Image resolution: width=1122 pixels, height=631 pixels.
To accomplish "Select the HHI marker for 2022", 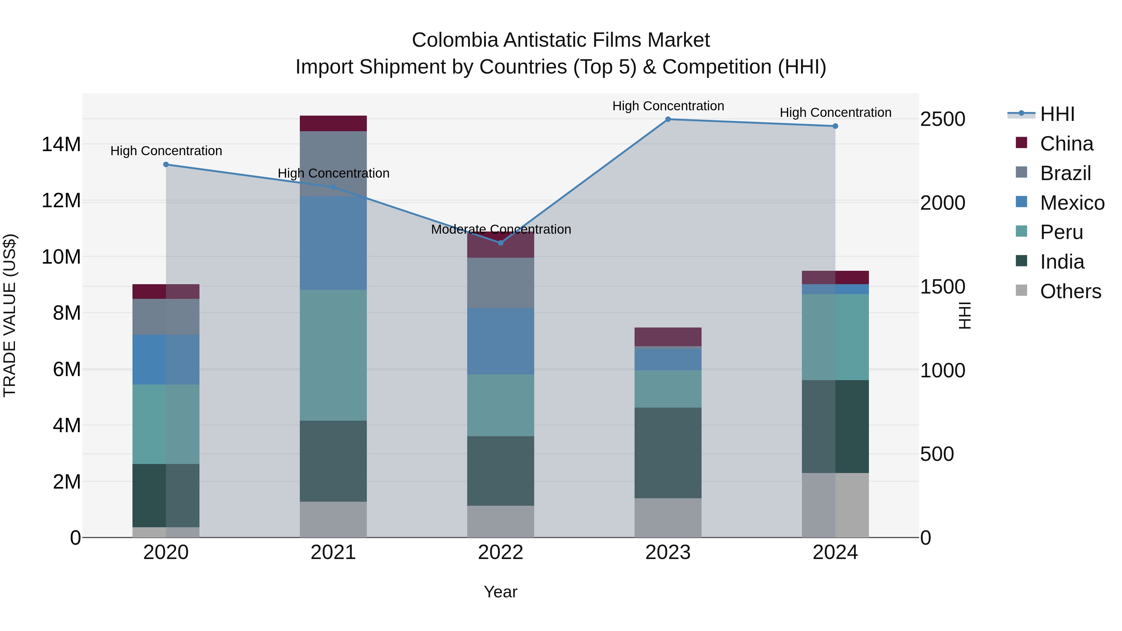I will click(x=501, y=243).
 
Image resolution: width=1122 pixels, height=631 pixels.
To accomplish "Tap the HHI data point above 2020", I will click(x=166, y=165).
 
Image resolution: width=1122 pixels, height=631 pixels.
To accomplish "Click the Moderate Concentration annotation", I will click(x=501, y=229).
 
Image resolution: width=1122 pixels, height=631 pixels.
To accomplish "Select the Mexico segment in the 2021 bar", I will click(x=333, y=243).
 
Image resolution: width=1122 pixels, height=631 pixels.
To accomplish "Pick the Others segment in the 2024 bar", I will click(x=835, y=505).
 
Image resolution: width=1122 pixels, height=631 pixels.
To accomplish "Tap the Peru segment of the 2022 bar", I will click(x=501, y=405).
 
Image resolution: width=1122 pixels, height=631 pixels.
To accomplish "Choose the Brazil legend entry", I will click(x=1065, y=173).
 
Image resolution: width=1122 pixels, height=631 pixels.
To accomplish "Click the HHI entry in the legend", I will click(x=1057, y=114).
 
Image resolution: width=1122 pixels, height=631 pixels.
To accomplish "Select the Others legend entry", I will click(x=1070, y=291).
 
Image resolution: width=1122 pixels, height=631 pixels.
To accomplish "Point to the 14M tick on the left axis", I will click(x=61, y=145).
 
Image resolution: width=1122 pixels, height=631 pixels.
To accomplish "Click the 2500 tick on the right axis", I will click(x=942, y=119).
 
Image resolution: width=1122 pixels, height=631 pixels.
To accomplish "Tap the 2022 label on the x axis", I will click(x=501, y=552).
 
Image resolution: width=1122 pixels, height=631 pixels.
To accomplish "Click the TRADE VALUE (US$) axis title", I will click(x=10, y=315).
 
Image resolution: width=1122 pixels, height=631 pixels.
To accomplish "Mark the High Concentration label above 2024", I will click(x=835, y=112).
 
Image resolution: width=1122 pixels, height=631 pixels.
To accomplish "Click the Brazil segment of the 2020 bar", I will click(x=166, y=317).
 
